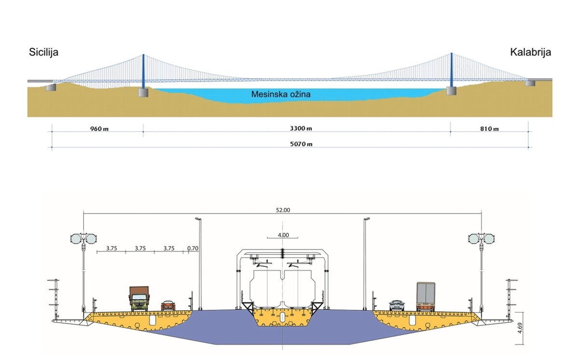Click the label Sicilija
(x=43, y=52)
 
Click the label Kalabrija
(x=530, y=52)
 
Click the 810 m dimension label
(x=489, y=129)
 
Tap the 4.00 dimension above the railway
(x=283, y=235)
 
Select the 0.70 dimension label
(x=193, y=249)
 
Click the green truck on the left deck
(x=139, y=299)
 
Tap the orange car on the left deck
(x=168, y=305)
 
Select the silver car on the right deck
(x=397, y=305)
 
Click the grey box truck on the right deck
(x=426, y=296)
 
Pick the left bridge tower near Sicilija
(x=143, y=72)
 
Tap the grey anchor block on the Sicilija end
(x=51, y=87)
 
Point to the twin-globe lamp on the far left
(x=83, y=239)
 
